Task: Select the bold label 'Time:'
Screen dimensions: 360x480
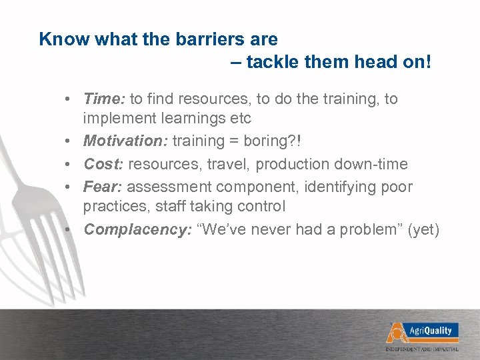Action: click(x=104, y=99)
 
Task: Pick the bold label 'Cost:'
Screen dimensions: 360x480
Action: click(x=103, y=164)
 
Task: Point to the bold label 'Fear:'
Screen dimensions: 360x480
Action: click(x=103, y=187)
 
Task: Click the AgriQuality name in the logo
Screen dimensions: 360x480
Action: click(x=429, y=330)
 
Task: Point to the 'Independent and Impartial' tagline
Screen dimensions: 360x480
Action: click(x=421, y=349)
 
